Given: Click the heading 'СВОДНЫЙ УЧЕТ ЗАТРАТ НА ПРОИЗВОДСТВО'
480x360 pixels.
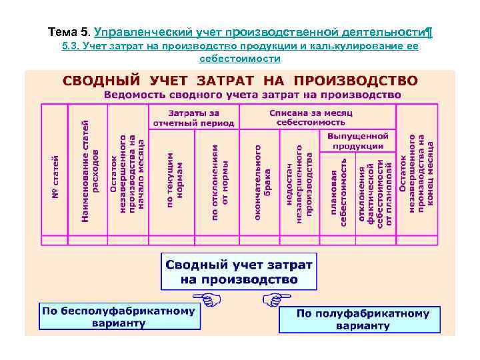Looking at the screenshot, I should pyautogui.click(x=240, y=81).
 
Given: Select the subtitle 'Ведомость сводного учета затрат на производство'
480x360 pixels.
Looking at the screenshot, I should pyautogui.click(x=252, y=95).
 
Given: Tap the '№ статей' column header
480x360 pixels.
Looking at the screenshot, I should pyautogui.click(x=56, y=176).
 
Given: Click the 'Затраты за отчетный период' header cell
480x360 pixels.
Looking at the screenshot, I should pyautogui.click(x=193, y=117).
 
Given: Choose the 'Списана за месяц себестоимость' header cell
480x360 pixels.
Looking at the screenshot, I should pyautogui.click(x=307, y=117).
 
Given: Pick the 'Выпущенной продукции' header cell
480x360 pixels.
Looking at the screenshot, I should pyautogui.click(x=357, y=141).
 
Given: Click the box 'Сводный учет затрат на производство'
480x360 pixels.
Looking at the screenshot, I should pyautogui.click(x=239, y=271).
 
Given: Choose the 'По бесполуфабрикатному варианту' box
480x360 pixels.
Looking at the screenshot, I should pyautogui.click(x=119, y=317).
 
